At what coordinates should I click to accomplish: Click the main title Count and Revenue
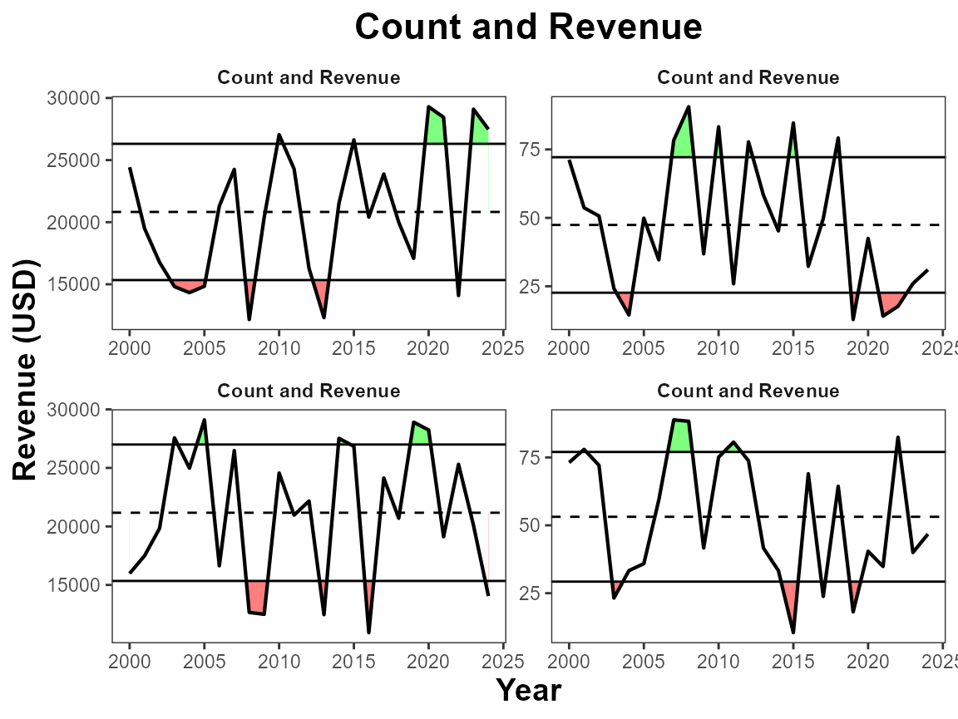pos(528,27)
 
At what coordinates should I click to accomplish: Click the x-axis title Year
pos(528,690)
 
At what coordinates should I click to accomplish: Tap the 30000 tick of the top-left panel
pos(77,98)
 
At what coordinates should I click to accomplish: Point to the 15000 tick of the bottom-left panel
pos(77,584)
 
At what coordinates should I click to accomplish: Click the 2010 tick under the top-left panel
pos(279,347)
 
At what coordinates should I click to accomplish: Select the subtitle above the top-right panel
pos(748,78)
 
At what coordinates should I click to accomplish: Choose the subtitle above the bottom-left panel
pos(309,391)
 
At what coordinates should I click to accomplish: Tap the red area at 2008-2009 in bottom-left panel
pos(256,597)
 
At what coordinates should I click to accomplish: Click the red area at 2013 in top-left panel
pos(322,293)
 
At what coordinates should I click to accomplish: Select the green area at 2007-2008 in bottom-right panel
pos(680,437)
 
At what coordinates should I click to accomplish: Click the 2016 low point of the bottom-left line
pos(368,632)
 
